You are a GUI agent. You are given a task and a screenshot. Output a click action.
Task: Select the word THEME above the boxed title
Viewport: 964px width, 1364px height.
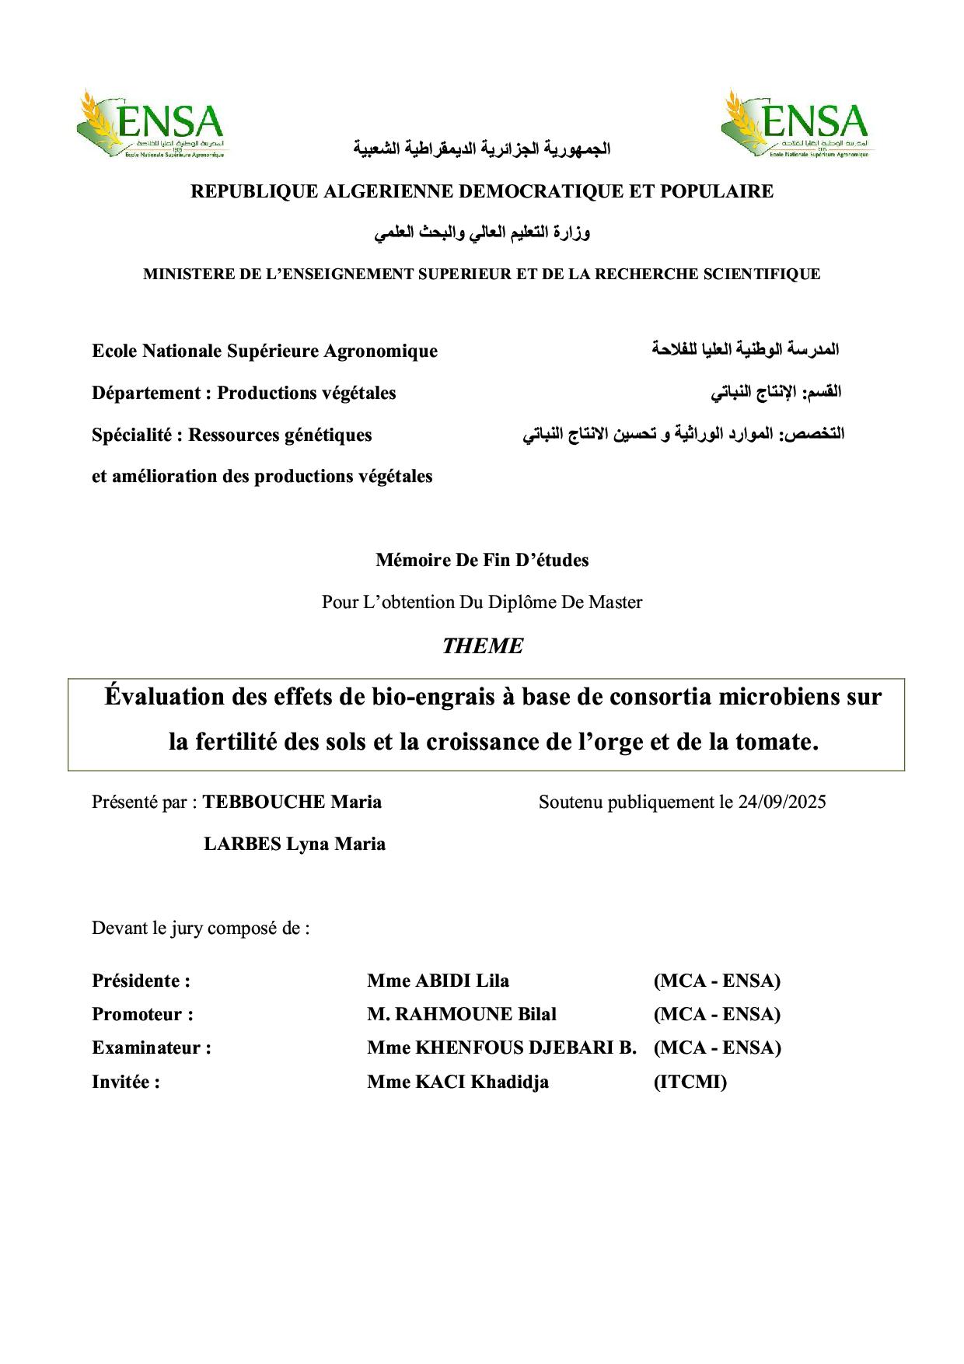click(x=482, y=646)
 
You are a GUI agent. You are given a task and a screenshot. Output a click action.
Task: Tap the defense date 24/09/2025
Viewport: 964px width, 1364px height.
click(x=782, y=802)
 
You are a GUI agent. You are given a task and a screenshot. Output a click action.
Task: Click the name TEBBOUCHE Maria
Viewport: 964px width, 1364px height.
click(x=292, y=802)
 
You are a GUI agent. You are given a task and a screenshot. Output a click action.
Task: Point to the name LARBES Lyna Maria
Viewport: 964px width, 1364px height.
click(x=294, y=844)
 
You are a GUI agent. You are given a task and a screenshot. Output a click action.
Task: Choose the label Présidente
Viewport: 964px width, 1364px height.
click(x=141, y=981)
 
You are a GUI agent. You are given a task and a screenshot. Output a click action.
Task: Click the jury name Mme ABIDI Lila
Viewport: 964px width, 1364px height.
click(x=438, y=981)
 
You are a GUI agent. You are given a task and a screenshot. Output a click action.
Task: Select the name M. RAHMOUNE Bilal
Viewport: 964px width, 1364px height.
click(x=462, y=1014)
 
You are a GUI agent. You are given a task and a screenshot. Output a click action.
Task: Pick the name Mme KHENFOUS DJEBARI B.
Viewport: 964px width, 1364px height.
click(x=501, y=1047)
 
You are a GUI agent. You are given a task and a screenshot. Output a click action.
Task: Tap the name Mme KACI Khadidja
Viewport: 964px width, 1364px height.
click(x=458, y=1082)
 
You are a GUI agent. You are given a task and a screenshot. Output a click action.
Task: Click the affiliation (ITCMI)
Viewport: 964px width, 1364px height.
click(x=690, y=1082)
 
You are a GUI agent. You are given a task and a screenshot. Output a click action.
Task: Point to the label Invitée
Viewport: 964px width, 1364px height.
click(x=126, y=1082)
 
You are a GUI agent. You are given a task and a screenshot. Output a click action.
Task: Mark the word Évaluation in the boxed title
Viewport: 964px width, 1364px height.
click(x=164, y=697)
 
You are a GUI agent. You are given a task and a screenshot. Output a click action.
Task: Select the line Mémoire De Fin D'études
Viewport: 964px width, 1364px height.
click(x=482, y=560)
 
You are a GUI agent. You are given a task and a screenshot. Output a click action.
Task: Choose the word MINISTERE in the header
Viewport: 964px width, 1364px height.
click(x=184, y=274)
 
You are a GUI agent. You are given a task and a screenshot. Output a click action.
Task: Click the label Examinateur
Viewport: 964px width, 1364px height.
click(x=151, y=1047)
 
